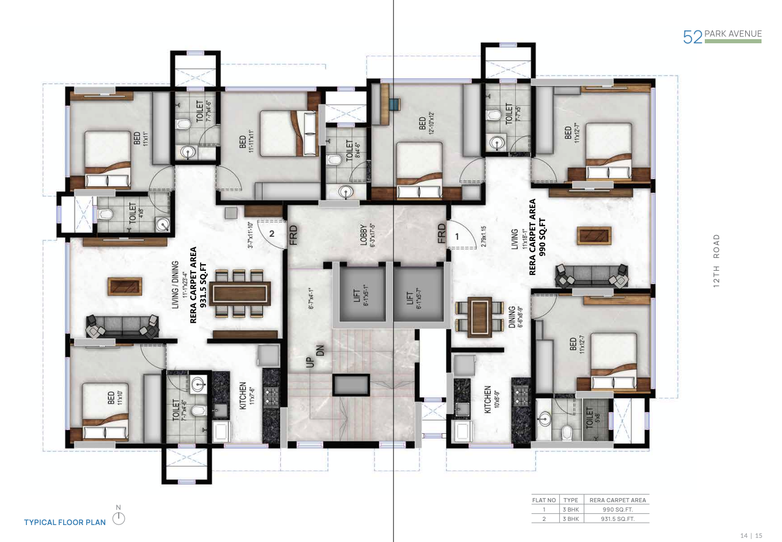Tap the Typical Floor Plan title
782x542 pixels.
click(x=65, y=522)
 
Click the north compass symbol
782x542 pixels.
click(x=119, y=517)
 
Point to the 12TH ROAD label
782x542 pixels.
click(x=716, y=260)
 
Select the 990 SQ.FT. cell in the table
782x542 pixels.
click(x=618, y=509)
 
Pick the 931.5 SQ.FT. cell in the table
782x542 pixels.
click(x=618, y=519)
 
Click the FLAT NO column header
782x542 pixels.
click(x=544, y=500)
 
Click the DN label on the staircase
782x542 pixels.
click(x=320, y=350)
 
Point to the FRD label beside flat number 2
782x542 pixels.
click(x=294, y=234)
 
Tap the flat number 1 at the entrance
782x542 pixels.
click(x=457, y=237)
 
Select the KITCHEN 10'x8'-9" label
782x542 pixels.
click(x=491, y=399)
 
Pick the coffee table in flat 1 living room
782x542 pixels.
click(x=594, y=236)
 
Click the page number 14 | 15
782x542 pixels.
click(x=751, y=535)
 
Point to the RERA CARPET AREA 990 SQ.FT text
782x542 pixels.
click(x=537, y=237)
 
